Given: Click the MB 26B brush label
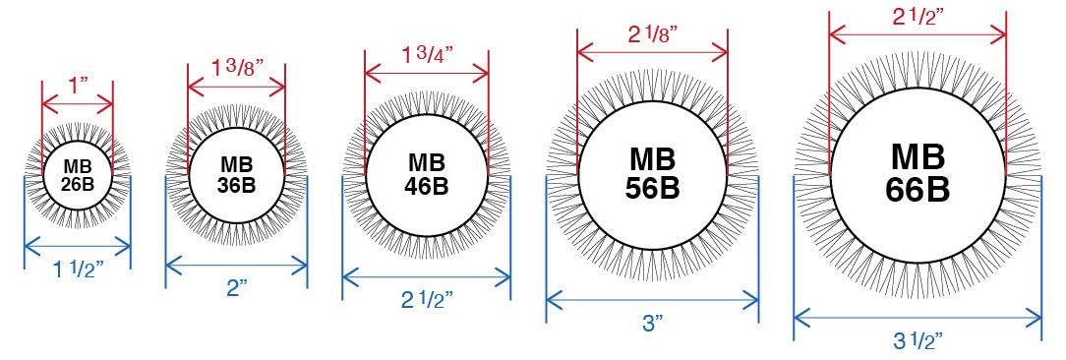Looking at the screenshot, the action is (78, 175).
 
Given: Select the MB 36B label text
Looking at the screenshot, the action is (237, 174).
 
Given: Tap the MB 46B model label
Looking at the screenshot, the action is (427, 174).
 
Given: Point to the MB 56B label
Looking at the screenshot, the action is (652, 173).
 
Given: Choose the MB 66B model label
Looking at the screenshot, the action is (918, 173).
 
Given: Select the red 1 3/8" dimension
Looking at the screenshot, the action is (237, 67).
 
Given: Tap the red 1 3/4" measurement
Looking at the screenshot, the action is (427, 54).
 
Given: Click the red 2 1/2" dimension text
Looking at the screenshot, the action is (918, 19).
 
